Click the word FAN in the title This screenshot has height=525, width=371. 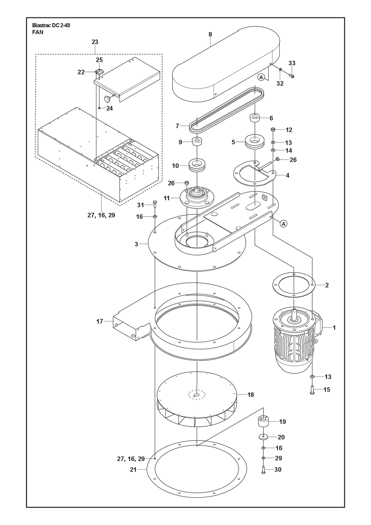pos(38,32)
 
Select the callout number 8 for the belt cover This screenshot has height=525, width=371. pos(210,34)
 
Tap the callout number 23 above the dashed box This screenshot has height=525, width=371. pos(95,42)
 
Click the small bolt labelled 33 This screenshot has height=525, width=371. pos(292,75)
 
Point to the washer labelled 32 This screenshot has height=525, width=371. pos(280,70)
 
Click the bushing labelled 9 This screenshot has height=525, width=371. pos(197,142)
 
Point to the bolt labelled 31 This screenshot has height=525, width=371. pos(155,204)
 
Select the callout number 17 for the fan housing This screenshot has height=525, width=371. pos(100,321)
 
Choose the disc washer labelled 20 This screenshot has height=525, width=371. pos(263,437)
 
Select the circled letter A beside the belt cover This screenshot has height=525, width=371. pos(261,77)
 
